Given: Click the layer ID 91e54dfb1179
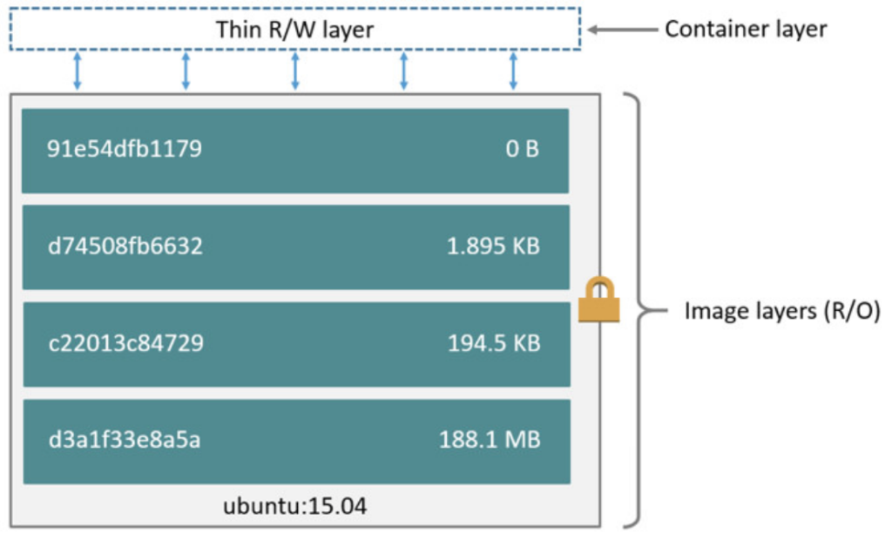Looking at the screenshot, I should click(x=125, y=149).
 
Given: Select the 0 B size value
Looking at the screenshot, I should click(x=522, y=149).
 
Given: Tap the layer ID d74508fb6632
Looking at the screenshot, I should click(x=125, y=246).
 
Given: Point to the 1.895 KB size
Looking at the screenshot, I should click(x=493, y=246).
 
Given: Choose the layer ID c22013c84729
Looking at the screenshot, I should click(x=125, y=343).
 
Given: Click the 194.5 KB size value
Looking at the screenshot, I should click(x=494, y=343).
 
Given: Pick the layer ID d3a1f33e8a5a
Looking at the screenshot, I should click(x=124, y=439).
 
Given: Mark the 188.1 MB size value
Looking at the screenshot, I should click(x=490, y=439).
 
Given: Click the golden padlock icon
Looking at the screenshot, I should click(x=598, y=301).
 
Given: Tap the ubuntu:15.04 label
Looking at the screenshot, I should click(x=295, y=506).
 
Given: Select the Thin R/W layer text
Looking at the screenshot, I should click(x=294, y=30).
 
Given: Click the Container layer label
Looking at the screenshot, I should click(x=746, y=29).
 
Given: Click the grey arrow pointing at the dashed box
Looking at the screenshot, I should click(x=620, y=30).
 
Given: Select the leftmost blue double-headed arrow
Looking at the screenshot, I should click(x=78, y=71).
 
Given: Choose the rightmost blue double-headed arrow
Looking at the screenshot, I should click(x=513, y=71).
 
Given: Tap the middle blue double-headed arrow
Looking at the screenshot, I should click(x=295, y=71).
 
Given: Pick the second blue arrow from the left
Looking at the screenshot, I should click(x=186, y=71).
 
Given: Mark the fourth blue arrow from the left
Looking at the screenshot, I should click(x=404, y=71).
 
